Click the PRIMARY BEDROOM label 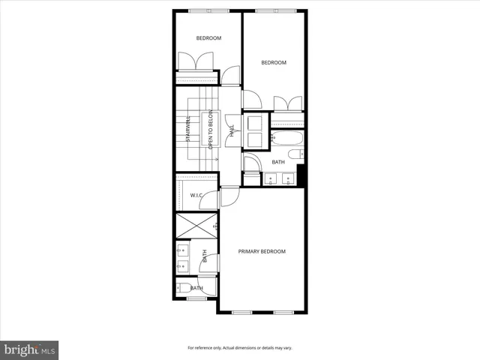click(262, 251)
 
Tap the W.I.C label click(196, 195)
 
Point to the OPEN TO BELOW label click(211, 131)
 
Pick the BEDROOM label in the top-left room click(208, 38)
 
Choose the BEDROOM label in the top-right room click(274, 63)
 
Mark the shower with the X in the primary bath click(196, 225)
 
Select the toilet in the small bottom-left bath click(181, 288)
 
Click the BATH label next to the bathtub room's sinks click(278, 163)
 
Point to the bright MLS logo click(30, 349)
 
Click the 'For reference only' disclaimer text click(240, 348)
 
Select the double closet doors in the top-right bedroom click(288, 104)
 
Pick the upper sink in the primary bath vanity click(183, 250)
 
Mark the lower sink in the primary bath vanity click(183, 266)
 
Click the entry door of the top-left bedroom click(231, 76)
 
